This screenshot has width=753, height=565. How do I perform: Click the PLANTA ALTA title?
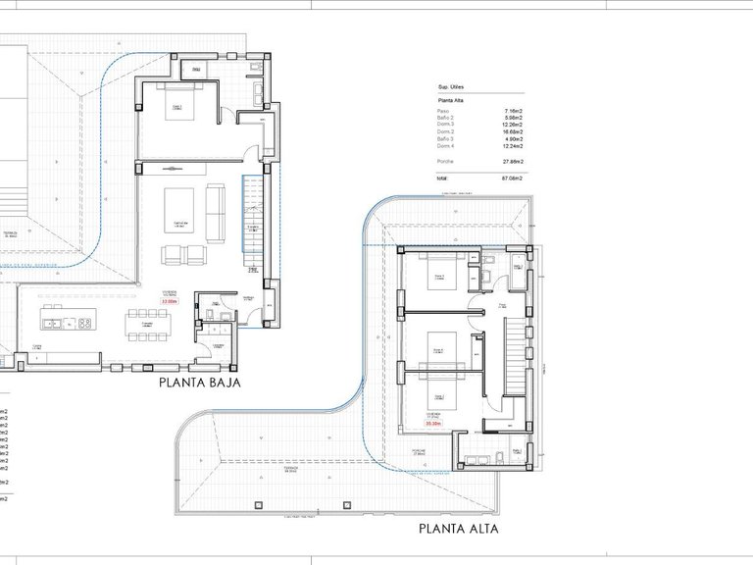[458, 530]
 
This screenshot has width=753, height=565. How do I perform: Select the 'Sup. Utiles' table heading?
[452, 86]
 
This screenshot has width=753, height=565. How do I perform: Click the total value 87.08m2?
[510, 179]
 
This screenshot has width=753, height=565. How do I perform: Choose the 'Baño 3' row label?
[446, 139]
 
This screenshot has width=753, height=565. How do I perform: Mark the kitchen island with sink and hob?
[68, 323]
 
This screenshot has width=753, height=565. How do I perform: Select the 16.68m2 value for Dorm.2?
[512, 132]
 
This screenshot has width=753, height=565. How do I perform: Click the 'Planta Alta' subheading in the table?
[451, 100]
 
